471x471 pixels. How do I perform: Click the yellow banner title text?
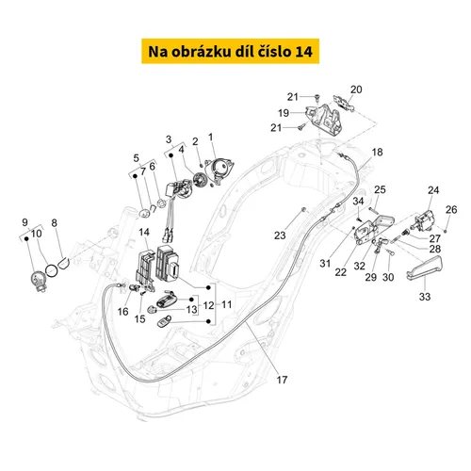click(230, 52)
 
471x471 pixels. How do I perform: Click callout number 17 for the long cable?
click(282, 380)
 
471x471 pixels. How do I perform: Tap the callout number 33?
click(425, 297)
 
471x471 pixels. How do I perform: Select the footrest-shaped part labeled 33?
click(424, 268)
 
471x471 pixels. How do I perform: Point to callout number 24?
click(433, 190)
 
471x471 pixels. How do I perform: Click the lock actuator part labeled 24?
click(424, 219)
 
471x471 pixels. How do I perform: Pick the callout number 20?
click(356, 89)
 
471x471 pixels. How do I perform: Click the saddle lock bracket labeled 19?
click(324, 119)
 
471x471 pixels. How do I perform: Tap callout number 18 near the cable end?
click(377, 153)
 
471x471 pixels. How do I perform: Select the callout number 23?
click(280, 235)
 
